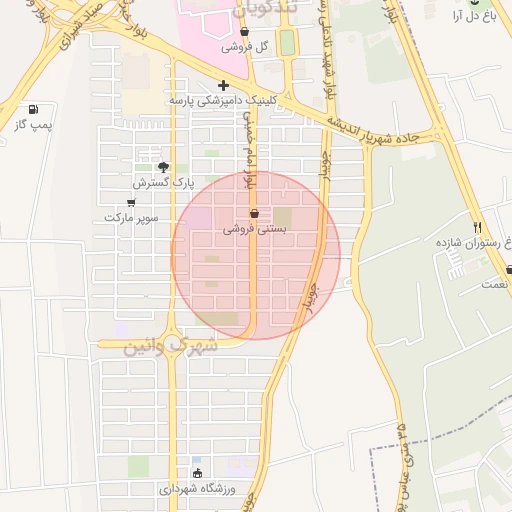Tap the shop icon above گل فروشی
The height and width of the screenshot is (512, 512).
(x=245, y=32)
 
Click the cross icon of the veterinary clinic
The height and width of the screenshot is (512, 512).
(x=223, y=85)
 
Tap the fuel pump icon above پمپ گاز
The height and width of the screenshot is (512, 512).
(x=34, y=109)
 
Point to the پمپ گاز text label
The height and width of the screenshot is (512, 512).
(x=33, y=124)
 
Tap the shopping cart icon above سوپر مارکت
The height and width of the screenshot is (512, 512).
(x=131, y=202)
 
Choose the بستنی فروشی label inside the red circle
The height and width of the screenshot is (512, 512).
(x=254, y=229)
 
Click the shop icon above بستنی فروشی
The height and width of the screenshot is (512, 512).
(x=254, y=213)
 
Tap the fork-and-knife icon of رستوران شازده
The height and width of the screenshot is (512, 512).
(x=477, y=228)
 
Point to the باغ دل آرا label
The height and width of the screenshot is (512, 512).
(x=481, y=18)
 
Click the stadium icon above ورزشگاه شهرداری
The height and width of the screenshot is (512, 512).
(x=197, y=474)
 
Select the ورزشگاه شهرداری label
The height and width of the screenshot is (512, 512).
(x=195, y=490)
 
